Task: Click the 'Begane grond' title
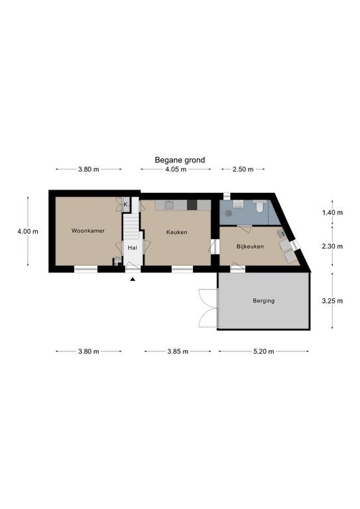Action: pyautogui.click(x=180, y=160)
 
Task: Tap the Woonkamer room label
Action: pyautogui.click(x=88, y=231)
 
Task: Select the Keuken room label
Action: pyautogui.click(x=176, y=233)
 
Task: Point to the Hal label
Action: pyautogui.click(x=132, y=248)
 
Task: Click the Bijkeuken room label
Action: pyautogui.click(x=250, y=247)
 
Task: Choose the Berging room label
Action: pyautogui.click(x=264, y=301)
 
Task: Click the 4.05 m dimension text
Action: pyautogui.click(x=176, y=169)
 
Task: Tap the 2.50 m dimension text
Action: pyautogui.click(x=243, y=169)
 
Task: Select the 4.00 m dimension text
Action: pyautogui.click(x=28, y=231)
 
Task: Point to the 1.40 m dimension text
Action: pyautogui.click(x=332, y=213)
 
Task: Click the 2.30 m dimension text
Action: pyautogui.click(x=332, y=247)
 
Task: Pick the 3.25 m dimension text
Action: pyautogui.click(x=332, y=301)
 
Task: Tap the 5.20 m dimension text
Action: pyautogui.click(x=264, y=351)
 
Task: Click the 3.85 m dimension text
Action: pyautogui.click(x=178, y=351)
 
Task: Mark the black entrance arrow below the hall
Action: pyautogui.click(x=133, y=279)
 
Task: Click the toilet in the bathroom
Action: pyautogui.click(x=259, y=207)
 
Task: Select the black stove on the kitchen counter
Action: pyautogui.click(x=192, y=205)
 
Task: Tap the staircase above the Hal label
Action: pyautogui.click(x=131, y=225)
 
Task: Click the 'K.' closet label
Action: pyautogui.click(x=126, y=205)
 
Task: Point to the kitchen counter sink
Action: pyautogui.click(x=169, y=205)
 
